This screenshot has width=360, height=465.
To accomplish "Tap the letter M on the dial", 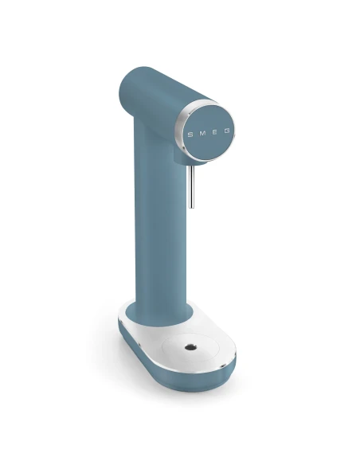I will click(x=202, y=132).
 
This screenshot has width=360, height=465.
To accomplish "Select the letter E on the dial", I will click(x=214, y=130).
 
